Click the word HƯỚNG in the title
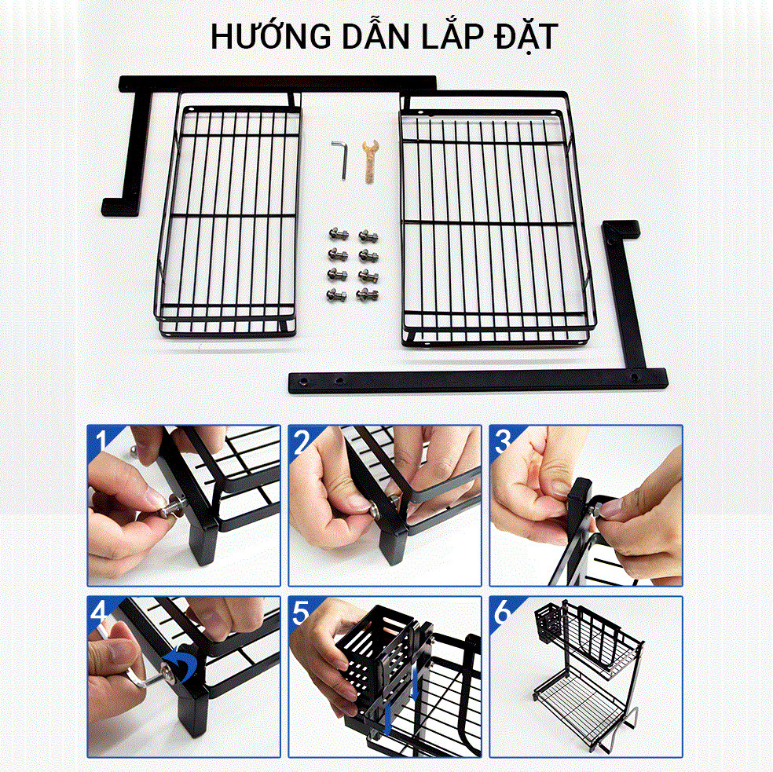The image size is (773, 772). [271, 36]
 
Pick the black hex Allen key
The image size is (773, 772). [341, 159]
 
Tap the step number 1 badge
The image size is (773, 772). [102, 441]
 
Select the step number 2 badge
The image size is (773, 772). [302, 441]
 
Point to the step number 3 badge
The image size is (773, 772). [504, 441]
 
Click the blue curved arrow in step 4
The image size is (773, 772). [181, 664]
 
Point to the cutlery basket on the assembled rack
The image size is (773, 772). [548, 624]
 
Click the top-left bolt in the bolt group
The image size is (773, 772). [338, 234]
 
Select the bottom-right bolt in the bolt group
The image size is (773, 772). [368, 295]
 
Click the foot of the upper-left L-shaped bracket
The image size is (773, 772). [119, 207]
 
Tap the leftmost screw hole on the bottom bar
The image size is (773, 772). [302, 381]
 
